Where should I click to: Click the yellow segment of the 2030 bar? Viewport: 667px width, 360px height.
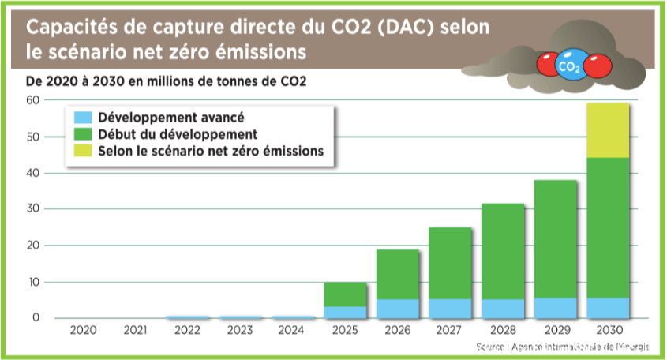[607, 130]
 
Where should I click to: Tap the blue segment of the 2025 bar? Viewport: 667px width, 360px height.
[345, 312]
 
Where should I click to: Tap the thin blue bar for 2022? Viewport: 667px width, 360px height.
[188, 317]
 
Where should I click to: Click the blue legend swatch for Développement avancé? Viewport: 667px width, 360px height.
[83, 117]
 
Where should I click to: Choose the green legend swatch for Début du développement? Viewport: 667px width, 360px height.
[83, 133]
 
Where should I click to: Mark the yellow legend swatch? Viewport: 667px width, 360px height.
[83, 150]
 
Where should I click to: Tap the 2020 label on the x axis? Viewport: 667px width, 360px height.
[83, 329]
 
